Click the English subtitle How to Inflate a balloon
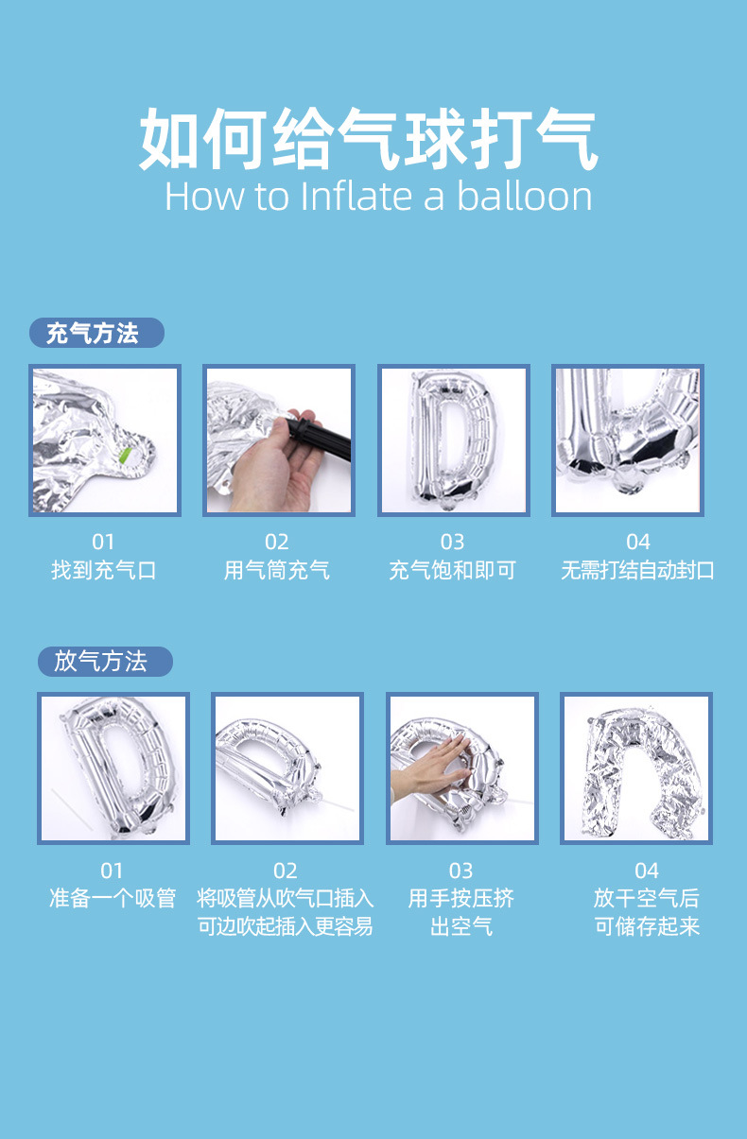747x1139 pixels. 378,197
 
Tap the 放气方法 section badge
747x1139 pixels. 105,661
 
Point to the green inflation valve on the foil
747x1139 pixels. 125,456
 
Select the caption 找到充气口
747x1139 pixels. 103,570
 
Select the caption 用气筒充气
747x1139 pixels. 276,570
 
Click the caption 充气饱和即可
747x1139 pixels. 452,570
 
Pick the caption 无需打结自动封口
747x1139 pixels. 637,570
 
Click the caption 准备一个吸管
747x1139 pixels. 113,898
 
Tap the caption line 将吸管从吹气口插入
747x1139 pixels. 286,898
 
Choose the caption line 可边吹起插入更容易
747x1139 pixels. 286,926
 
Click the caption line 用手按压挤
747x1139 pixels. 460,898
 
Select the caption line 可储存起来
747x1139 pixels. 647,926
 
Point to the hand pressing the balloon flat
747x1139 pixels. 430,768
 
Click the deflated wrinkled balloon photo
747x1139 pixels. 635,768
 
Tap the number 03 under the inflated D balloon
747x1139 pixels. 452,542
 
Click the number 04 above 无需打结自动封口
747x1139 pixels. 637,542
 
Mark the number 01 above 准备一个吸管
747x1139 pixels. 113,870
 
